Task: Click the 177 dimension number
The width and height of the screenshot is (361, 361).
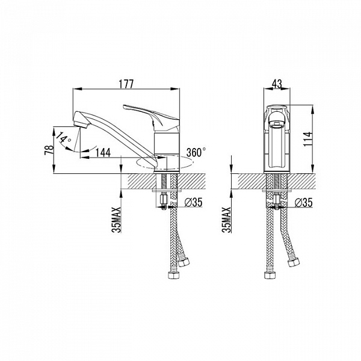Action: tap(126, 84)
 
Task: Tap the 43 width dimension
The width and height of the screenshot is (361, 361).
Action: tap(277, 84)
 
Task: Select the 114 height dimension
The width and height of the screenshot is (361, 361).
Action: tap(307, 139)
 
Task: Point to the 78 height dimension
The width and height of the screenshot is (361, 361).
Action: tap(49, 150)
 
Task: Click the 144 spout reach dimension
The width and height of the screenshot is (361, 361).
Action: tap(103, 152)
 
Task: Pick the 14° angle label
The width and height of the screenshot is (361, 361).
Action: tap(64, 137)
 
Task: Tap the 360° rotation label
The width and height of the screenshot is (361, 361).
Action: tap(196, 152)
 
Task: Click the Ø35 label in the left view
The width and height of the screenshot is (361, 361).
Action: tap(194, 202)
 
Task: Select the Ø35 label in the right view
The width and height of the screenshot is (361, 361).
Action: tap(304, 202)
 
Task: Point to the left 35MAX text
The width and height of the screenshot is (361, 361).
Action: tap(118, 220)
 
